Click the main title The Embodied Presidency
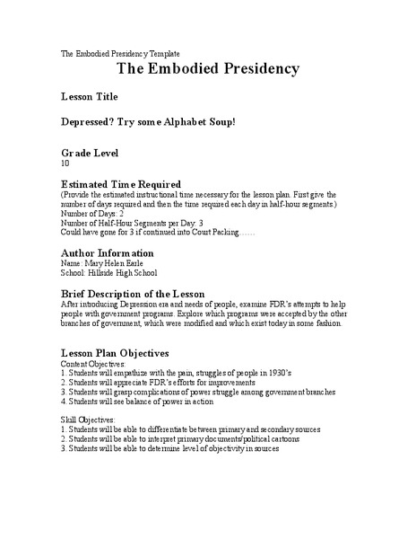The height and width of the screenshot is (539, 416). point(207,69)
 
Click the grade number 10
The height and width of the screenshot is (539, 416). point(65,164)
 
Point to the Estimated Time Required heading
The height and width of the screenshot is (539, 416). point(120,184)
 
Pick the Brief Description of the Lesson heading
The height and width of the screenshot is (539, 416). point(132,294)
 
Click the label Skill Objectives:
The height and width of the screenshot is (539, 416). point(88,420)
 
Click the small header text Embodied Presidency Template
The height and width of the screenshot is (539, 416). point(135,53)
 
